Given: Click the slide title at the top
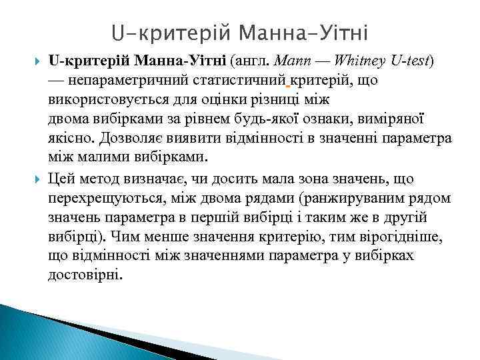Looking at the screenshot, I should point(240,32).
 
